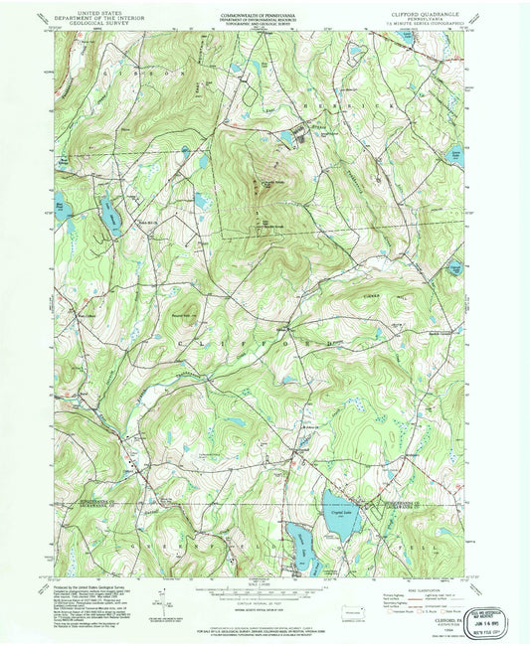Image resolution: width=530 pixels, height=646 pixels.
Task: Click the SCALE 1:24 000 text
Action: coord(262,581)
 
